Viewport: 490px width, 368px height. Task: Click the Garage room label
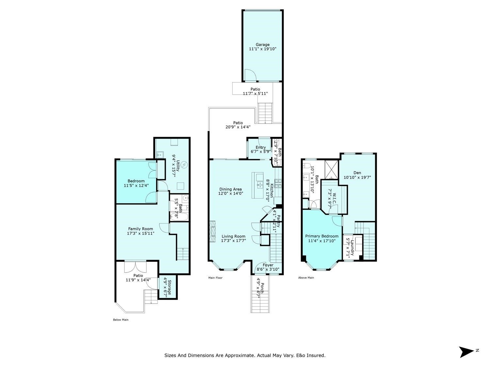262,44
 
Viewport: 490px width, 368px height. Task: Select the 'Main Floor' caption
216,278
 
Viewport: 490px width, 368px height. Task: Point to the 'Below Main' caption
121,320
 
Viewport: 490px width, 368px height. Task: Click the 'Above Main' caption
306,278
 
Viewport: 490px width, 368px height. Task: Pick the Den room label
357,173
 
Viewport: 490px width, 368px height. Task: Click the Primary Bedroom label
322,236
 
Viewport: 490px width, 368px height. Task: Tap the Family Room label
140,229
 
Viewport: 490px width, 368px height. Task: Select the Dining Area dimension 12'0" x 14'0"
231,193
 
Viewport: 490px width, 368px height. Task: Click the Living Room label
233,236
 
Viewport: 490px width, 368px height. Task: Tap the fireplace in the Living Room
213,231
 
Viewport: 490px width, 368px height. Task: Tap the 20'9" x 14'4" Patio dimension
238,127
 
